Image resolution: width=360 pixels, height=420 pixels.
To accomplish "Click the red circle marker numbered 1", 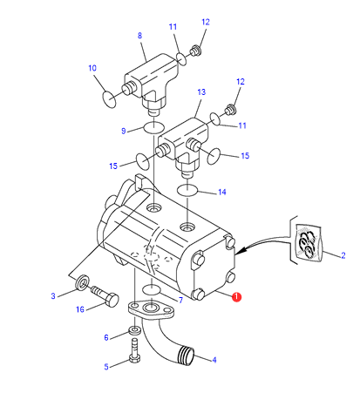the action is click(236, 297).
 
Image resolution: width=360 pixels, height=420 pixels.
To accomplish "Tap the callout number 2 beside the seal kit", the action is click(343, 255).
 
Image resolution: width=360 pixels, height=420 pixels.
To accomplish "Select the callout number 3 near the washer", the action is click(53, 296).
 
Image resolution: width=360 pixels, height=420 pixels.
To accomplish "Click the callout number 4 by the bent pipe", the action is click(214, 360).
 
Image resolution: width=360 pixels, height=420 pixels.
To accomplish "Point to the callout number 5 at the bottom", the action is click(106, 367).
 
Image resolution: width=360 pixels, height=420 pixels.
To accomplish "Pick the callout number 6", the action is click(106, 337).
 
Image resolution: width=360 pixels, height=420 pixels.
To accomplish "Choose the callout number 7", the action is click(180, 300).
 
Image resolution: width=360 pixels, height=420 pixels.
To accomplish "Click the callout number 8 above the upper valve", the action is click(139, 36).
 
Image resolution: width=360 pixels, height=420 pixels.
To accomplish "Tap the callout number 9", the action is click(124, 131).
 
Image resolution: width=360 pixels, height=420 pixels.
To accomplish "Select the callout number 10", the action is click(92, 68).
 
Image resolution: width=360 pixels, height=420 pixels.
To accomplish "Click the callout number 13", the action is click(201, 92).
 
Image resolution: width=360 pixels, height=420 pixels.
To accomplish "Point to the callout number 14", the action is click(222, 192).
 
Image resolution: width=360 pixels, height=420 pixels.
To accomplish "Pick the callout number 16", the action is click(80, 309).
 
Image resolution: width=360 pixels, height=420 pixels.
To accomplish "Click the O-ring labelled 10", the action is click(109, 99).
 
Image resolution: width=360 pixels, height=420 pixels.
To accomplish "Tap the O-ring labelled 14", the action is click(187, 190).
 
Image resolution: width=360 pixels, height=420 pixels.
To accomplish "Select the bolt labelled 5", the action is click(134, 350).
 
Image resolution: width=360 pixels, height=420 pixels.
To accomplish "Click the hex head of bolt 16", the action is click(112, 301).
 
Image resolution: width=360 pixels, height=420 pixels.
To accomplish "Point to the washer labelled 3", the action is click(82, 281).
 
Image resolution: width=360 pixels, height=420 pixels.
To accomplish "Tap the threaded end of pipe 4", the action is click(186, 355).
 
